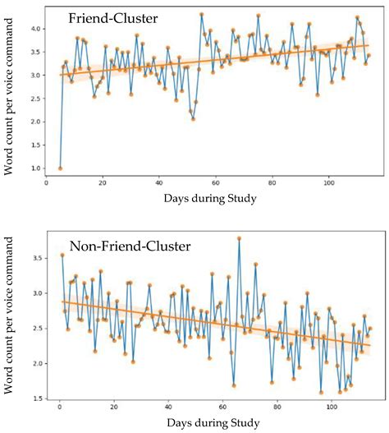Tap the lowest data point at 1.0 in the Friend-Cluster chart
pyautogui.click(x=60, y=168)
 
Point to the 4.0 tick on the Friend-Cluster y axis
pyautogui.click(x=37, y=29)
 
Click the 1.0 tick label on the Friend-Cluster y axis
pyautogui.click(x=37, y=168)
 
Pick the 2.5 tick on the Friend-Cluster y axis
pyautogui.click(x=37, y=99)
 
